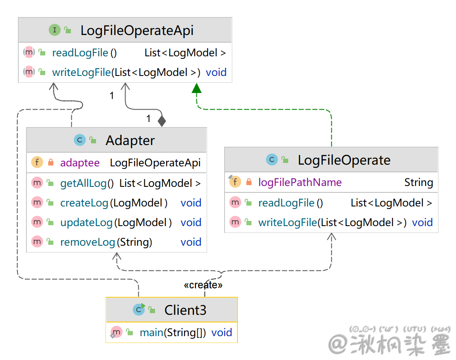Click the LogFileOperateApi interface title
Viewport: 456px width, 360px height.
tap(137, 30)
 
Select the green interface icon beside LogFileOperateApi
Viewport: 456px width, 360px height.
tap(55, 30)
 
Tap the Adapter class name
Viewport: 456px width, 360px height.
tap(130, 140)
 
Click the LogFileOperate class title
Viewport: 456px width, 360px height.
tap(344, 160)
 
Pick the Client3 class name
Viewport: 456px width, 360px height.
tap(185, 310)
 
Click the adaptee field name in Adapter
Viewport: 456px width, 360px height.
tap(80, 163)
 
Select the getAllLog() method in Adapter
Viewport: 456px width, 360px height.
tap(87, 183)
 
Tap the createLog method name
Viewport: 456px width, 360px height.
tap(85, 203)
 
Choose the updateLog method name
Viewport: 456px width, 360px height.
tap(86, 223)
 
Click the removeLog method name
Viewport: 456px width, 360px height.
tap(88, 242)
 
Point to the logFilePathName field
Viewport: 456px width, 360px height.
tap(300, 183)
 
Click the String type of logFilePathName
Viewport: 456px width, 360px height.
tap(418, 183)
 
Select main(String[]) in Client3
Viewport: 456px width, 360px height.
tap(172, 333)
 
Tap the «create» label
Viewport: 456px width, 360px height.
tap(203, 285)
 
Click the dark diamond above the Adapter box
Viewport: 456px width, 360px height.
tap(161, 121)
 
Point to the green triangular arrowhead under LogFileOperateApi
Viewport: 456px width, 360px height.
tap(196, 88)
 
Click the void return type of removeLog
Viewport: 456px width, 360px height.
tap(191, 242)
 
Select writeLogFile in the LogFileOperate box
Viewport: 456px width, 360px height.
tap(288, 223)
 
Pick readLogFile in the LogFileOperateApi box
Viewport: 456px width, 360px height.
tap(80, 53)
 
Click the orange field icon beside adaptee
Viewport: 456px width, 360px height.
tap(37, 163)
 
